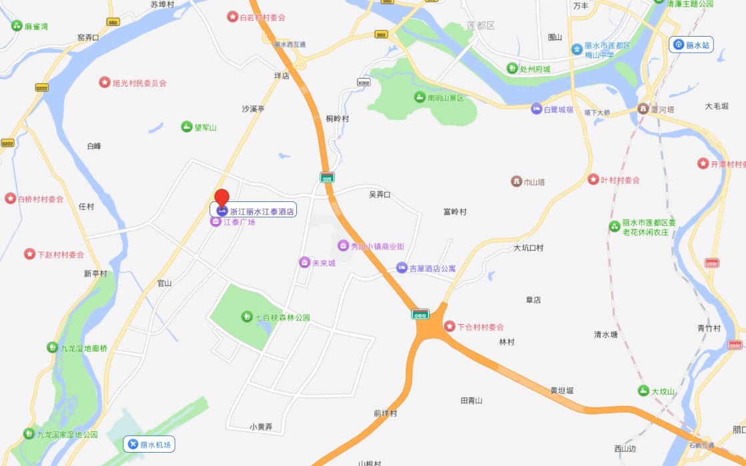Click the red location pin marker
tap(222, 198)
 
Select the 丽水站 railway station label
tap(691, 45)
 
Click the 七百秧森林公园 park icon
tap(246, 317)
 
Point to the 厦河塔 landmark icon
tap(643, 108)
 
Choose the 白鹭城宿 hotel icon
tap(536, 109)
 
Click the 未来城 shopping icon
tap(304, 263)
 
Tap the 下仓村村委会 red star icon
tap(450, 327)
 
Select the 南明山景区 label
tap(445, 98)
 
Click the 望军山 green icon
tap(187, 127)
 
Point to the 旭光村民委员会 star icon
tap(105, 83)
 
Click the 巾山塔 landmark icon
tap(516, 181)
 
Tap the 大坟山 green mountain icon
tap(643, 391)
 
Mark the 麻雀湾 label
tap(36, 27)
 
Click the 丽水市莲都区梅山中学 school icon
tap(577, 49)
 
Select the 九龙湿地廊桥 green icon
tap(52, 347)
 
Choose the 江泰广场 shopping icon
tap(216, 221)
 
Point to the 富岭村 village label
tap(455, 212)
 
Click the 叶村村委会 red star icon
tap(593, 179)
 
